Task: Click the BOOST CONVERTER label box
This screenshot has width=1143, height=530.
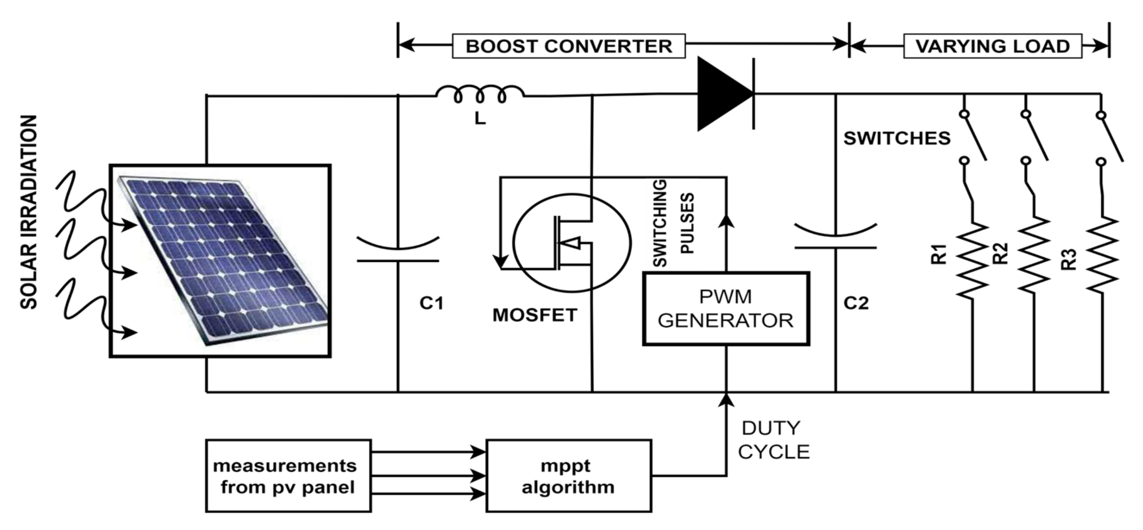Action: point(568,46)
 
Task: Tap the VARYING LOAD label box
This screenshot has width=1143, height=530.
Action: point(992,46)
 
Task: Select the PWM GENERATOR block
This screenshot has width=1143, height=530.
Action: point(726,309)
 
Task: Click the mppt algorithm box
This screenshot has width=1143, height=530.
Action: point(568,476)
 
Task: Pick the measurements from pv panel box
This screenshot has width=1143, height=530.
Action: point(289,476)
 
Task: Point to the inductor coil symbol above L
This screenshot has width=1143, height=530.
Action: point(480,94)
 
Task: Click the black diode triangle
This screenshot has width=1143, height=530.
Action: point(725,94)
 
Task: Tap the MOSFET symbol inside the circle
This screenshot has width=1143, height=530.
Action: point(572,243)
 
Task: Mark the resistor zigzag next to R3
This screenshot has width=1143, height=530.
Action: point(1102,255)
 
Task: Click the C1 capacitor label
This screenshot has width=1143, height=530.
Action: point(431,303)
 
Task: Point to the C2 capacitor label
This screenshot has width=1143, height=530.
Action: point(856,303)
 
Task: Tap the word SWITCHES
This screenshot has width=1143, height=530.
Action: point(897,138)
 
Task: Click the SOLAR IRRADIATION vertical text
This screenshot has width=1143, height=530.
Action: point(29,212)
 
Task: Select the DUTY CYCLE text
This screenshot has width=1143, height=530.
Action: point(773,440)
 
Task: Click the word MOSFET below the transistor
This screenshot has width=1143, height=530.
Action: point(535,315)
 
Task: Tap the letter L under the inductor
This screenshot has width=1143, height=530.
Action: point(480,119)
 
